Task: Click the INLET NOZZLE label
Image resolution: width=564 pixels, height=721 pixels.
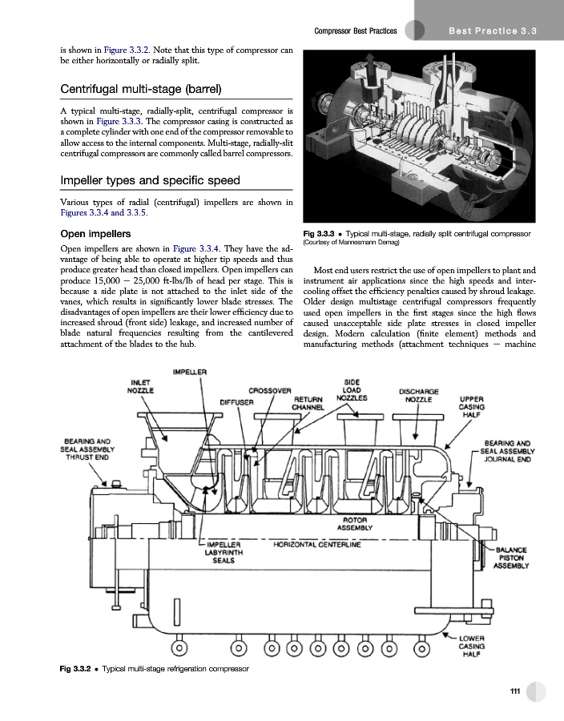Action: (x=141, y=387)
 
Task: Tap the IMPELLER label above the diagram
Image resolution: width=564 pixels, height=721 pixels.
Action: (x=190, y=372)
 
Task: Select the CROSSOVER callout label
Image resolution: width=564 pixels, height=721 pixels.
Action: (x=270, y=391)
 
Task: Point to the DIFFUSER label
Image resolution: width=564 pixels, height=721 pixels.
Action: (x=236, y=402)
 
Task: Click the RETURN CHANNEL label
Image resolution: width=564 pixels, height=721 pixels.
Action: (x=308, y=404)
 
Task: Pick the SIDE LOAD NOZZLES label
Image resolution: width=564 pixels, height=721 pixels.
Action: (x=352, y=390)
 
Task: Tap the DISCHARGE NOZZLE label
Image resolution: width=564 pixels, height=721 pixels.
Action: (x=419, y=396)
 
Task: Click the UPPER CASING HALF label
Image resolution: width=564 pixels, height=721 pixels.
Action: (x=472, y=407)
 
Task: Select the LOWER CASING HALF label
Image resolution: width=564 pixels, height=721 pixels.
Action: (x=472, y=646)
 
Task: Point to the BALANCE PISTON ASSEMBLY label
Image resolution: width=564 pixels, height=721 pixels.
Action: (x=511, y=558)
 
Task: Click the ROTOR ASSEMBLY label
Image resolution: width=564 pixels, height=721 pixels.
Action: (x=354, y=524)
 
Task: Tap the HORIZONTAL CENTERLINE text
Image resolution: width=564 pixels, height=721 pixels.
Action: (x=317, y=545)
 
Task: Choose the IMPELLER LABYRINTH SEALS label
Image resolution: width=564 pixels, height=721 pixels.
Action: (x=224, y=553)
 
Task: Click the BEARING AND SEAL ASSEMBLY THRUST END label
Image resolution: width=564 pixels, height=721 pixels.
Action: (x=87, y=449)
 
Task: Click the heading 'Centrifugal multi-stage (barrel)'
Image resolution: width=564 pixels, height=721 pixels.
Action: (x=141, y=89)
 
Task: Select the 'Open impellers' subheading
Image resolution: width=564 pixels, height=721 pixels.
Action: (x=95, y=234)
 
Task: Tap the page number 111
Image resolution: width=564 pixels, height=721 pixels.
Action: (x=515, y=691)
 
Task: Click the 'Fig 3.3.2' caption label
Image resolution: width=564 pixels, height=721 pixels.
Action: (x=75, y=669)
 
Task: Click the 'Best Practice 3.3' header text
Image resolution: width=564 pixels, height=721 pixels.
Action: (x=493, y=30)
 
